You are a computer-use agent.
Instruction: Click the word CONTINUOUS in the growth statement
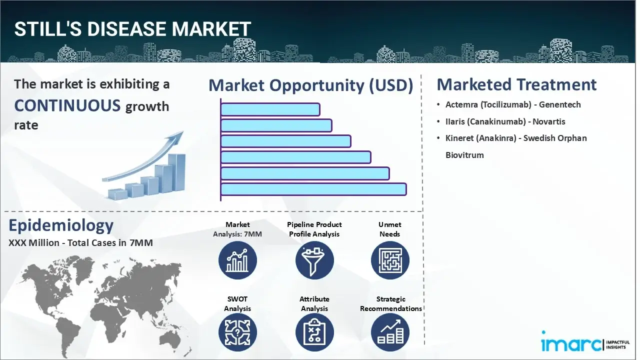[67, 105]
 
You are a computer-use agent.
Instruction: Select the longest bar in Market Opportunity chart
[313, 189]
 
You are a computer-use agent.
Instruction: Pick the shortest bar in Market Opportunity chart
[270, 109]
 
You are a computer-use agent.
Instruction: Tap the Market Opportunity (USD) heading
[310, 85]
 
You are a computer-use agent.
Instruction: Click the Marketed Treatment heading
[516, 84]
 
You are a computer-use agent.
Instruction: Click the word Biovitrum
[464, 155]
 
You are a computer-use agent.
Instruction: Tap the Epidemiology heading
[61, 225]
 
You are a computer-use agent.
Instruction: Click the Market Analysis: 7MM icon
[237, 260]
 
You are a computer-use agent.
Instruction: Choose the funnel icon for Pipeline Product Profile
[314, 260]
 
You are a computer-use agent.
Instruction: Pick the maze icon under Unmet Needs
[390, 260]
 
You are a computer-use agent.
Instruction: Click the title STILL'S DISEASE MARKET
[132, 30]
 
